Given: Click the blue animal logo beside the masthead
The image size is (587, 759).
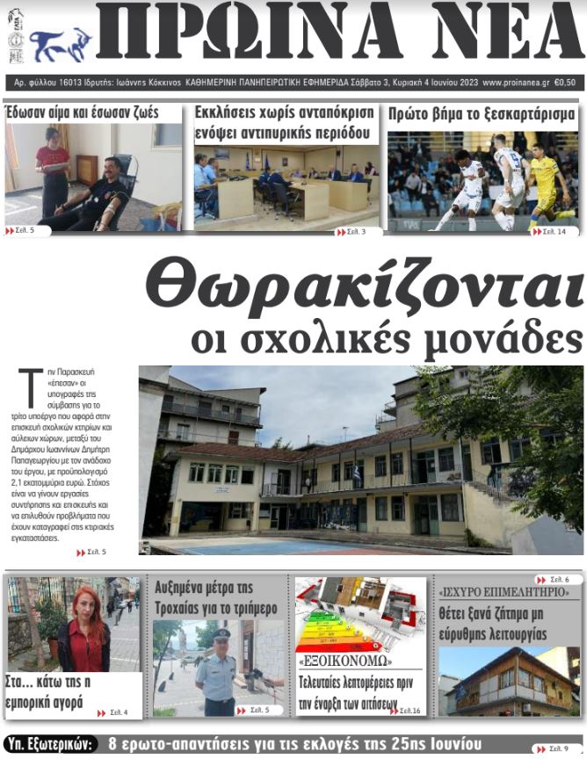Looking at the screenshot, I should point(61,42).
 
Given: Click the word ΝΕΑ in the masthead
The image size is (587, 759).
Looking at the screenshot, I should point(491,33).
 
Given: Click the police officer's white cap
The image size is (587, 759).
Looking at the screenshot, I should point(221,633).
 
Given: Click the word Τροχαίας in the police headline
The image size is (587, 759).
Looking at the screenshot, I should point(190,607).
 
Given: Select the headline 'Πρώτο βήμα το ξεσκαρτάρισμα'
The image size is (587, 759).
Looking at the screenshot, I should point(482,114).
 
